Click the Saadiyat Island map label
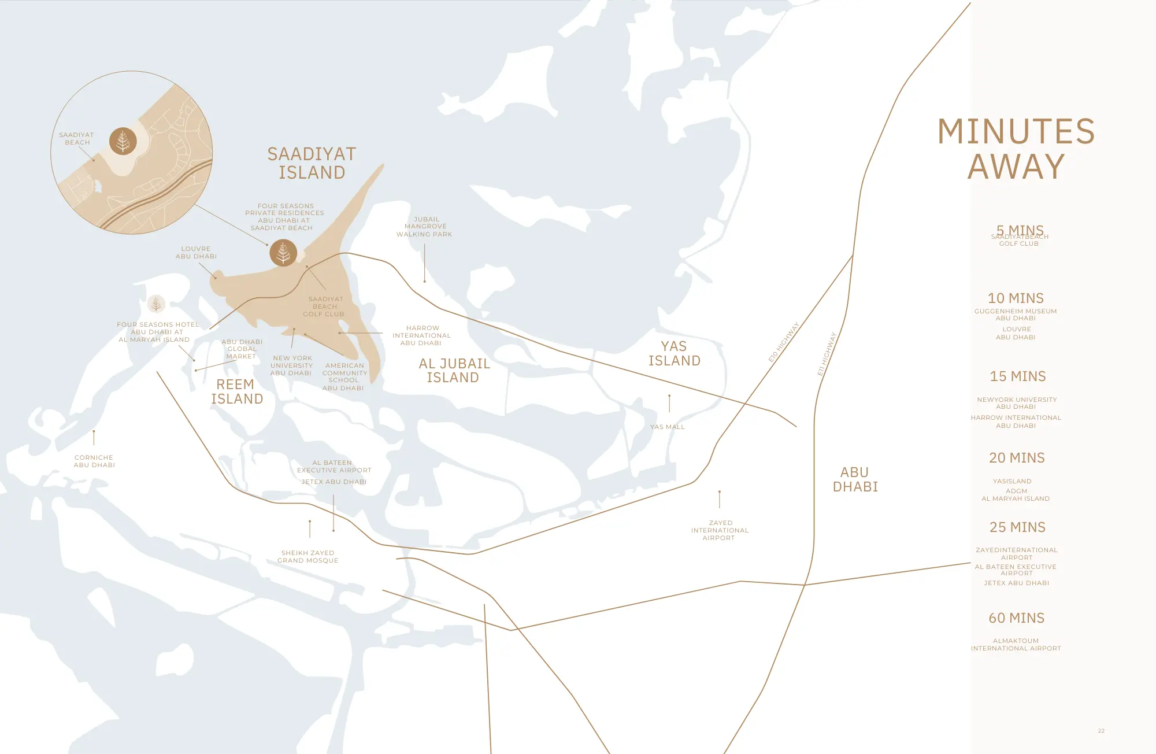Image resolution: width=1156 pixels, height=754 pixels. (x=312, y=163)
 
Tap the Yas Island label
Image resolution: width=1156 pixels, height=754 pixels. (x=674, y=353)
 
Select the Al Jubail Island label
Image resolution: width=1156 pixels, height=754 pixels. (x=454, y=371)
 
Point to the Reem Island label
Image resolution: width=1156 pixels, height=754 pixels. (x=236, y=391)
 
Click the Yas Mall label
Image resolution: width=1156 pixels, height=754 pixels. (x=667, y=427)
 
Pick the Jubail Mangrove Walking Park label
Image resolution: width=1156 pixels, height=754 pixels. (x=424, y=227)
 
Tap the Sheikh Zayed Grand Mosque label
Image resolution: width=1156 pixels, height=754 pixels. (x=307, y=556)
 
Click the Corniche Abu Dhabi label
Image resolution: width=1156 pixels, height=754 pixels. (x=94, y=461)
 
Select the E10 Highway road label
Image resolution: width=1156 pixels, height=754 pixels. (x=783, y=342)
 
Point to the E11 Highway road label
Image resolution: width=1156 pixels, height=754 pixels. (x=827, y=354)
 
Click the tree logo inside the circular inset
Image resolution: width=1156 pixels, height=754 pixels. (x=123, y=141)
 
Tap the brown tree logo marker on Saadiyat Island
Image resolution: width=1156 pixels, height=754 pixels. (x=283, y=253)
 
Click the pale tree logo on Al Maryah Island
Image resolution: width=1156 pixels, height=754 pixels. (x=156, y=304)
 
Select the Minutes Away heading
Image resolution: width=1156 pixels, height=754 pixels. (x=1016, y=149)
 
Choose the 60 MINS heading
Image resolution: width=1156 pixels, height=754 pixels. (x=1016, y=618)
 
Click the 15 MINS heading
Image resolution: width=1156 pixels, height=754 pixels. (x=1017, y=376)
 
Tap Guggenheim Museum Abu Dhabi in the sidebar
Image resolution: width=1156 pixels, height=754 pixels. (x=1016, y=315)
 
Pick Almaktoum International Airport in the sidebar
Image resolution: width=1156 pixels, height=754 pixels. (x=1016, y=645)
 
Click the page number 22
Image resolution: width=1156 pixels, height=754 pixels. (x=1101, y=731)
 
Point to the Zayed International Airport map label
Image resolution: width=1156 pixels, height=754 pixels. (x=720, y=530)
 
